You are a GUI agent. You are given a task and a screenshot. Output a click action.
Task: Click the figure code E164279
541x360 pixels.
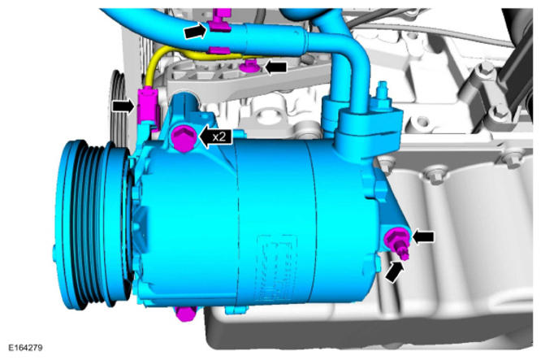point(25,347)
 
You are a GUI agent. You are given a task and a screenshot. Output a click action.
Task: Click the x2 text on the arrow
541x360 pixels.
point(219,137)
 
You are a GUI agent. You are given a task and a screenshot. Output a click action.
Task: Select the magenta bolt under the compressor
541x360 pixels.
point(185,314)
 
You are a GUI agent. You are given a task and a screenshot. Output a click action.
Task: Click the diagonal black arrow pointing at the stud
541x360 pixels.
point(394,272)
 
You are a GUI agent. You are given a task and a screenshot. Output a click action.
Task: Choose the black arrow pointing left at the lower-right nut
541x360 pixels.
point(423,236)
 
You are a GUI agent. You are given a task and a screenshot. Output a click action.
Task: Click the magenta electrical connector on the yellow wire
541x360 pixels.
point(147,106)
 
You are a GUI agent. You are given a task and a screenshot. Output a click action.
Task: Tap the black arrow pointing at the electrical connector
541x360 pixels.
point(123,106)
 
